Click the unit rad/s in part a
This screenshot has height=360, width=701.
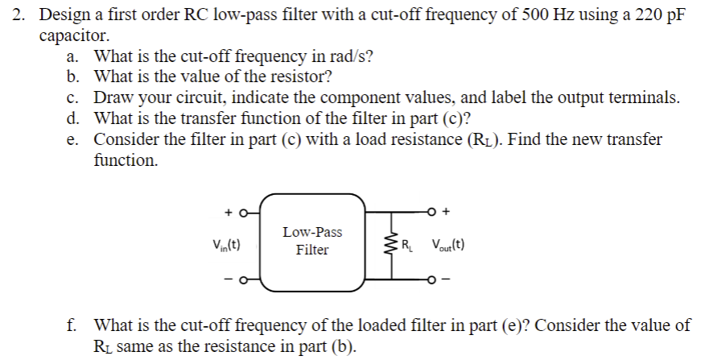[x=350, y=56]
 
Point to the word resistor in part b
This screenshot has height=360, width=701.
[x=302, y=77]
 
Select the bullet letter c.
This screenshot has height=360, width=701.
[x=72, y=98]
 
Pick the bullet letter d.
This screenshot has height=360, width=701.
[x=72, y=119]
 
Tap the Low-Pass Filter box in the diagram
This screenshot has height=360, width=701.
[x=311, y=242]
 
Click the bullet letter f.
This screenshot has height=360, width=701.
[x=72, y=326]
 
